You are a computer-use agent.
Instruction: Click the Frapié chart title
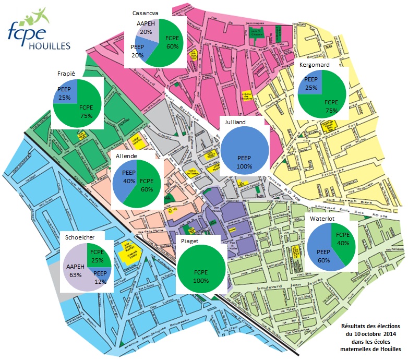pyautogui.click(x=68, y=74)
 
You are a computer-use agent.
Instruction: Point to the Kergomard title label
pyautogui.click(x=311, y=65)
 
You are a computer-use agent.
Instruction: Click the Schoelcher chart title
pyautogui.click(x=80, y=237)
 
